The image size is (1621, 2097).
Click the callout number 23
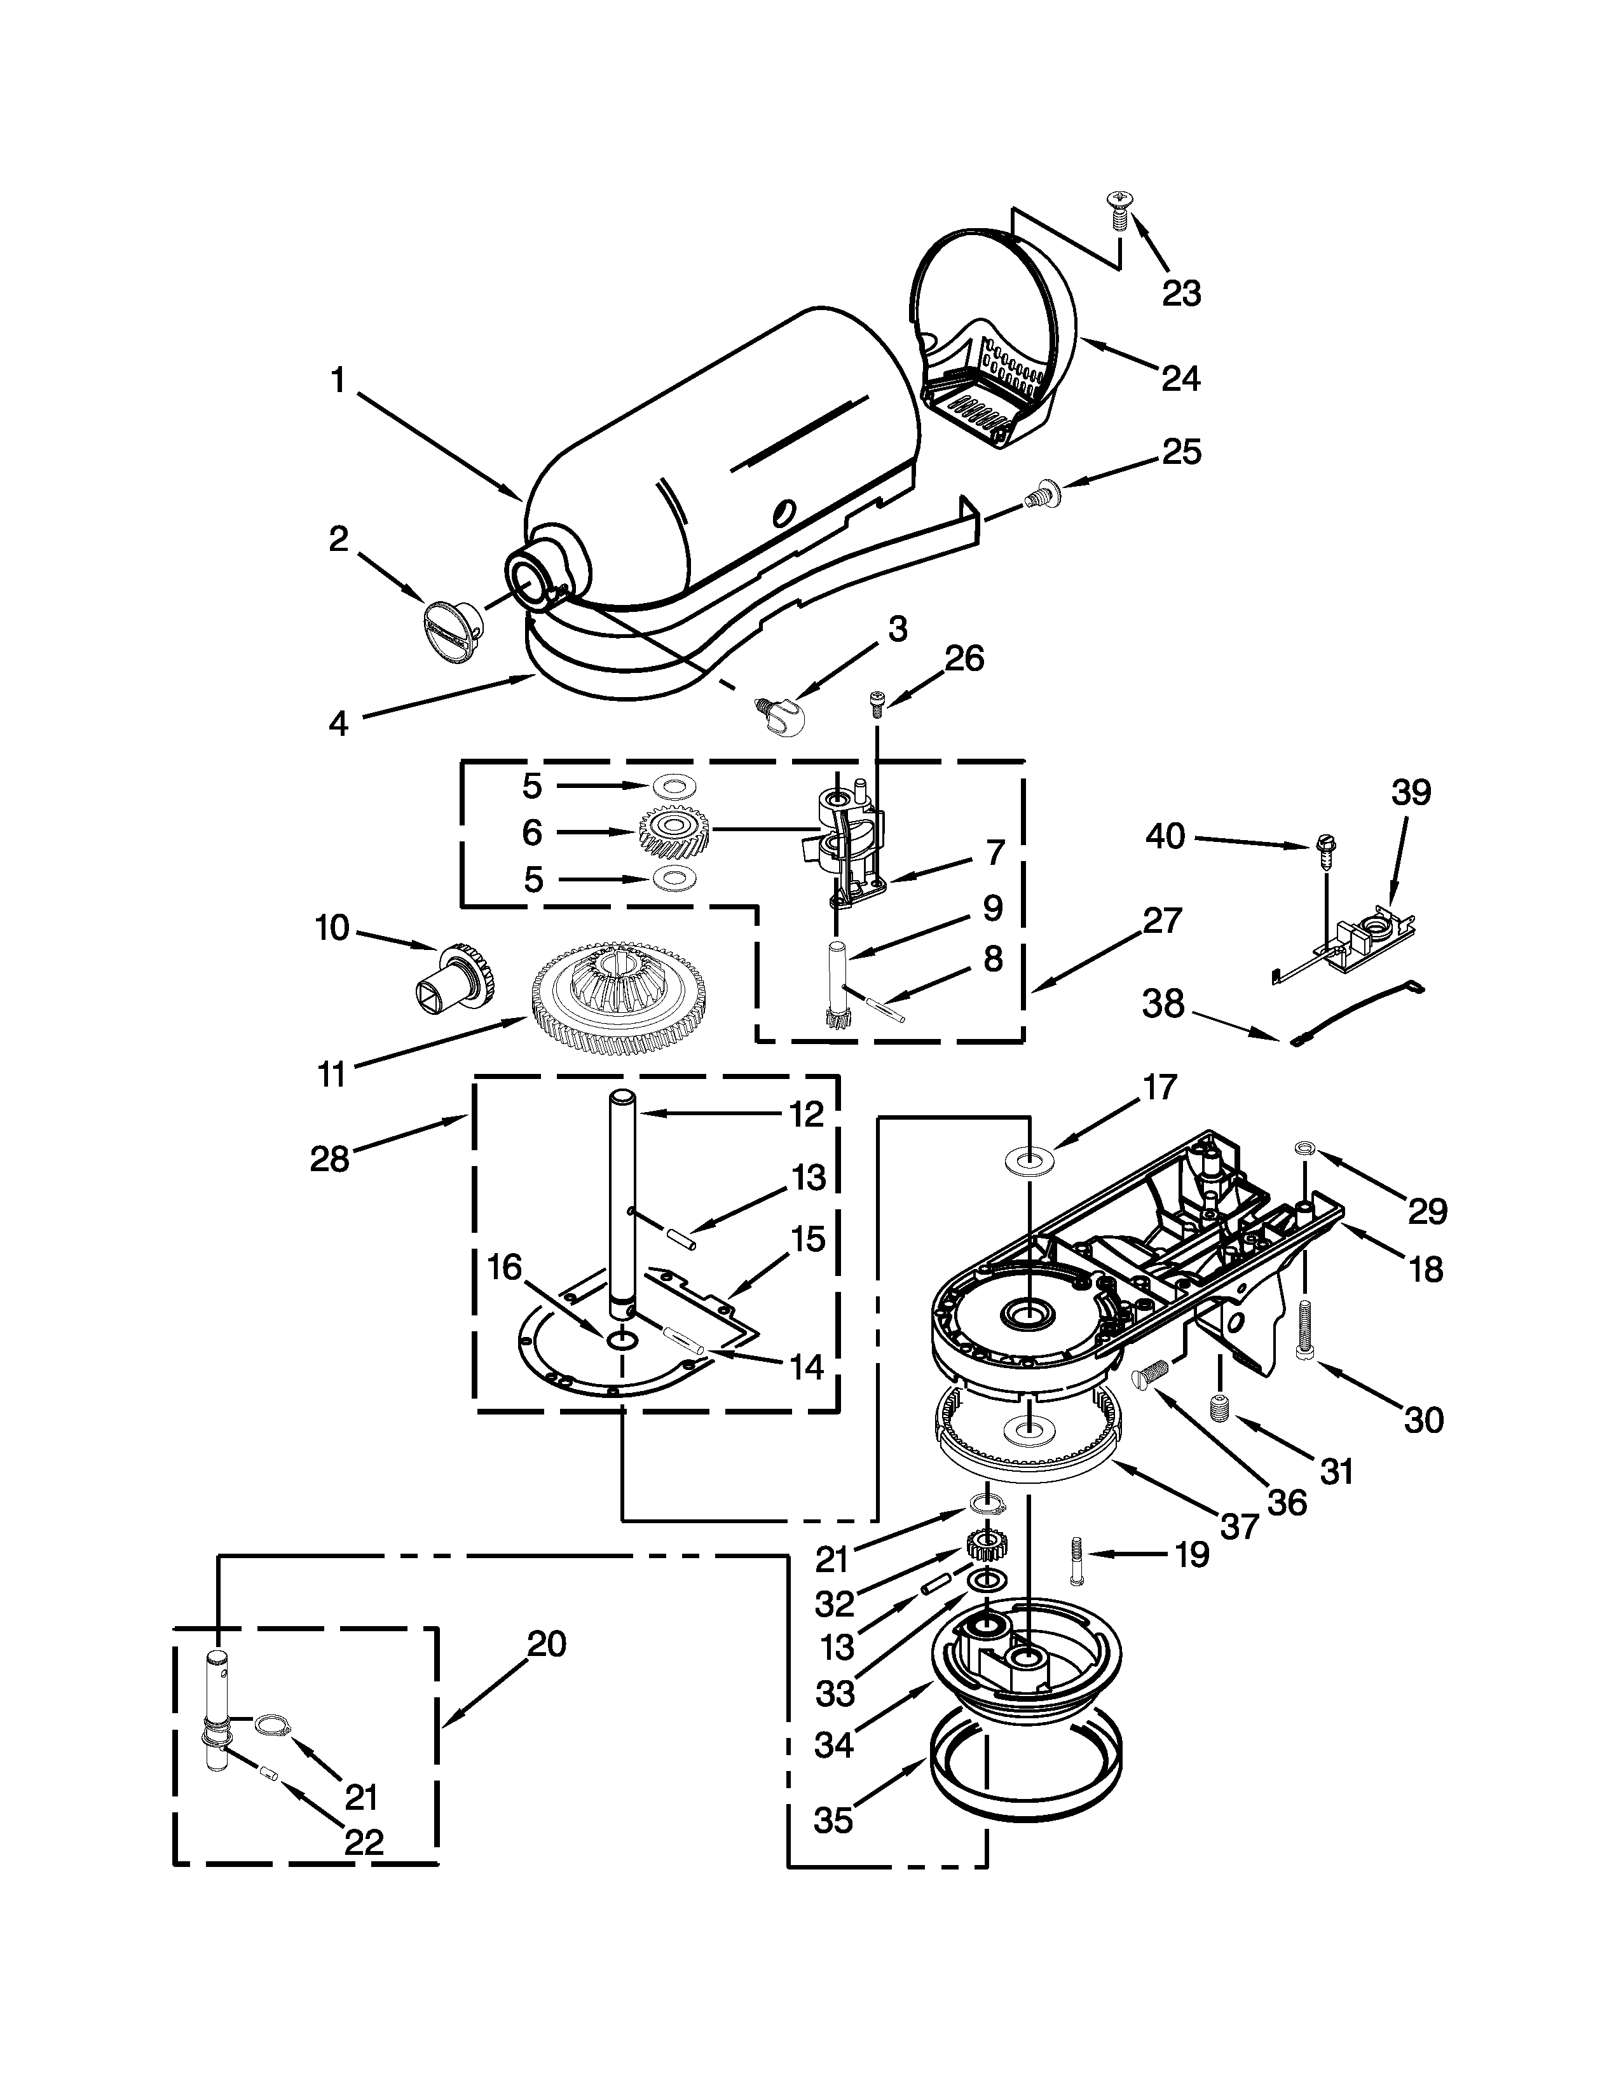coord(1181,294)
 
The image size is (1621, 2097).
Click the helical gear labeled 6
coord(673,832)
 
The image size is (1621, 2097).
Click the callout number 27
coord(1162,920)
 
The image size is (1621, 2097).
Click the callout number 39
coord(1411,792)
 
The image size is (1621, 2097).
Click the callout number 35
coord(833,1819)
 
